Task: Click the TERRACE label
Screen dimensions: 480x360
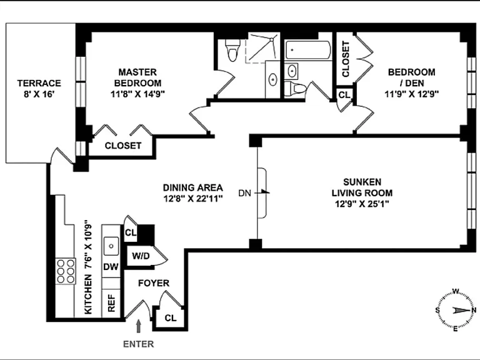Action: click(39, 83)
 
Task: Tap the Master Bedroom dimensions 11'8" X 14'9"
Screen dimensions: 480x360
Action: click(137, 94)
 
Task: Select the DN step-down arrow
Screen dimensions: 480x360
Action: click(262, 193)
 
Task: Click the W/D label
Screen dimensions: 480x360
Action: click(141, 256)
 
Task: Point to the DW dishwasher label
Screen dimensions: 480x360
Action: click(111, 267)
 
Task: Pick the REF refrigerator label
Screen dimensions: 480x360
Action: click(111, 303)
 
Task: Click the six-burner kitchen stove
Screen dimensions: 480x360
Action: click(66, 271)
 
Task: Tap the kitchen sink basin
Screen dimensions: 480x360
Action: click(111, 246)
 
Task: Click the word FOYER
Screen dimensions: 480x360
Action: click(154, 283)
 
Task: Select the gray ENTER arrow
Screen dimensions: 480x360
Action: click(139, 326)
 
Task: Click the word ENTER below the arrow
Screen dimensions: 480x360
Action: click(138, 344)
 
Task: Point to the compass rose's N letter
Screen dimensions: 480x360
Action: click(474, 311)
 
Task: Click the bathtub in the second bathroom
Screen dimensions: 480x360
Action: click(308, 50)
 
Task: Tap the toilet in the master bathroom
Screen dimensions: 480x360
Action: click(232, 50)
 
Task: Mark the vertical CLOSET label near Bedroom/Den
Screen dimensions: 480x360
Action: click(346, 59)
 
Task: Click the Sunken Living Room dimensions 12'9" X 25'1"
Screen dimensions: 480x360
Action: click(362, 204)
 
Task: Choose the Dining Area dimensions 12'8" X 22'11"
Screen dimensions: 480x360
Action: click(193, 199)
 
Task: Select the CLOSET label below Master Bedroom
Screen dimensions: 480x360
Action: click(123, 146)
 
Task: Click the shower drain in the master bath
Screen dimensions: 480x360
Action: click(271, 39)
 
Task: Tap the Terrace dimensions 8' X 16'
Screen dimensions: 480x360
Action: click(39, 94)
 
